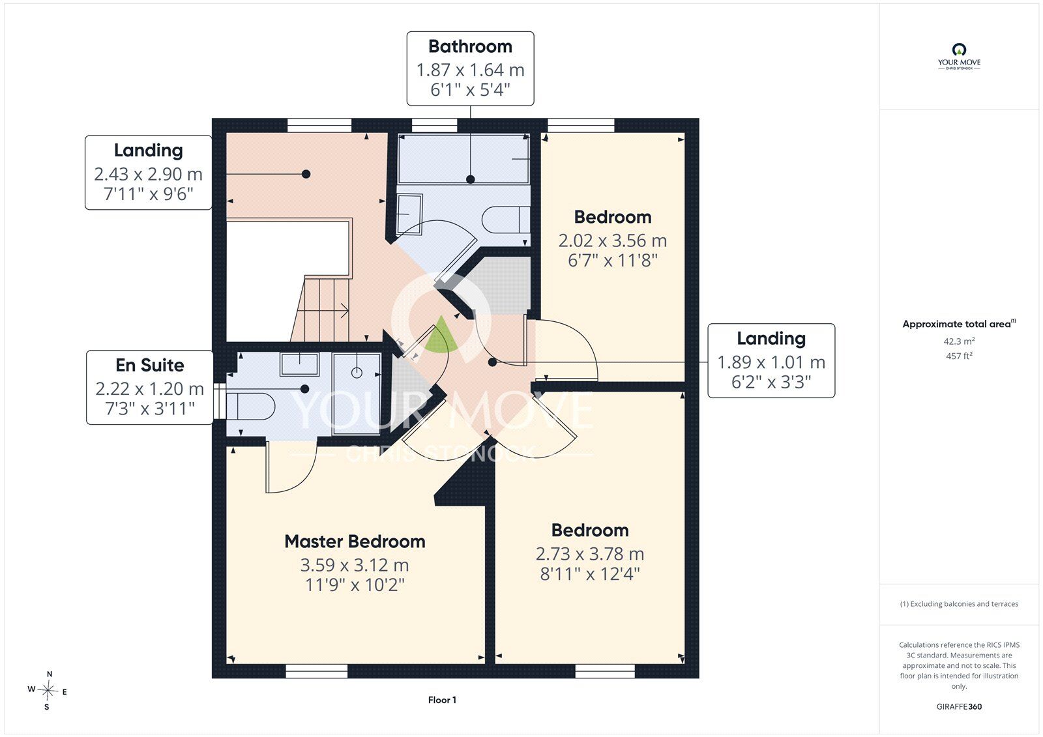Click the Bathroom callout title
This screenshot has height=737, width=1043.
pos(470,46)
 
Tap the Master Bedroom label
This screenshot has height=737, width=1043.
pos(355,542)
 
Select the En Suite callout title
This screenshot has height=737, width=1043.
pos(149,366)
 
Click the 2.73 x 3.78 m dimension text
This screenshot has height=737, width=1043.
pos(590,554)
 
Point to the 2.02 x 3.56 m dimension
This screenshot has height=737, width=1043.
pos(613,240)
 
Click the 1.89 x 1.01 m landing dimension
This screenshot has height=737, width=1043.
pos(771,362)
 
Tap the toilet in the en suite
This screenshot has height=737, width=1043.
pos(250,407)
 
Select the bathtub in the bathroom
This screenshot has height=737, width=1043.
pos(463,159)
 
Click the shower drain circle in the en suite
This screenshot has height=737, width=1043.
pos(357,373)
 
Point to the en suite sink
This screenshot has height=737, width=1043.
pos(299,364)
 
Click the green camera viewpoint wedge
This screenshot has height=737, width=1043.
pos(441,335)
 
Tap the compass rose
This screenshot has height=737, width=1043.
pos(47,691)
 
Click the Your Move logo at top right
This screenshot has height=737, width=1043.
pos(959,57)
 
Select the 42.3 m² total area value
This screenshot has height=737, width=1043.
pos(959,341)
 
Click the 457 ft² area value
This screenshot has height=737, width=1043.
pos(959,356)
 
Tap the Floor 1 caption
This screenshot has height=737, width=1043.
pos(443,700)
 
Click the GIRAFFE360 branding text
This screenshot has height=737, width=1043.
pos(959,707)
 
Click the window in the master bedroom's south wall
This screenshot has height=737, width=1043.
pos(317,671)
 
